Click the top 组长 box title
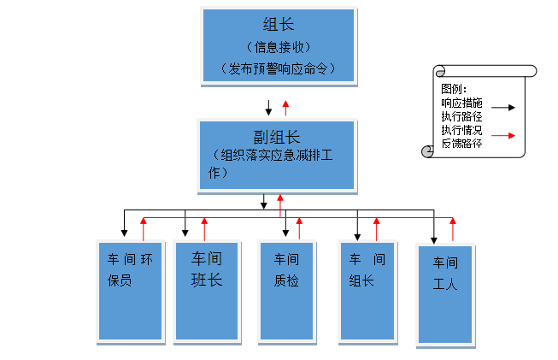[278, 25]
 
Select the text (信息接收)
[278, 46]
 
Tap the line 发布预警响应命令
[278, 68]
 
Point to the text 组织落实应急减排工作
[276, 163]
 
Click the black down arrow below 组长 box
[269, 108]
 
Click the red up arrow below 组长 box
[285, 108]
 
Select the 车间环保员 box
[130, 290]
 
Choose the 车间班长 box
[206, 291]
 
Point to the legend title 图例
[453, 89]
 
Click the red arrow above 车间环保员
[144, 228]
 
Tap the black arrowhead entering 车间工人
[434, 236]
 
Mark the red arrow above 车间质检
[299, 228]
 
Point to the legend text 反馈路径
[461, 143]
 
